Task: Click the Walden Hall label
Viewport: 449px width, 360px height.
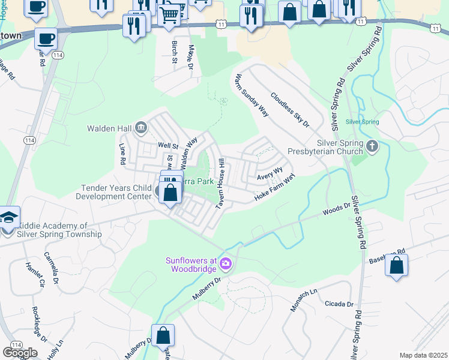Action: (x=109, y=128)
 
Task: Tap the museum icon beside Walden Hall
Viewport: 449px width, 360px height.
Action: (x=141, y=127)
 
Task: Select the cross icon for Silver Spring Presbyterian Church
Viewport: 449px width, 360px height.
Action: (x=372, y=146)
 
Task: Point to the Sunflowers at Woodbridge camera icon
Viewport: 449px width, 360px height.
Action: (x=225, y=263)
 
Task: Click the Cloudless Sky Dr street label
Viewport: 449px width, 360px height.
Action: (x=289, y=110)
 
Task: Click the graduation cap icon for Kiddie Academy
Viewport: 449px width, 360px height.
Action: (x=9, y=217)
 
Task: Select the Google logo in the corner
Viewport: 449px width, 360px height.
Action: (x=20, y=352)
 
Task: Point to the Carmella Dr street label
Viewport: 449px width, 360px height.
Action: (x=52, y=268)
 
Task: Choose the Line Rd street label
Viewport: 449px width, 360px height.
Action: (x=122, y=154)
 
